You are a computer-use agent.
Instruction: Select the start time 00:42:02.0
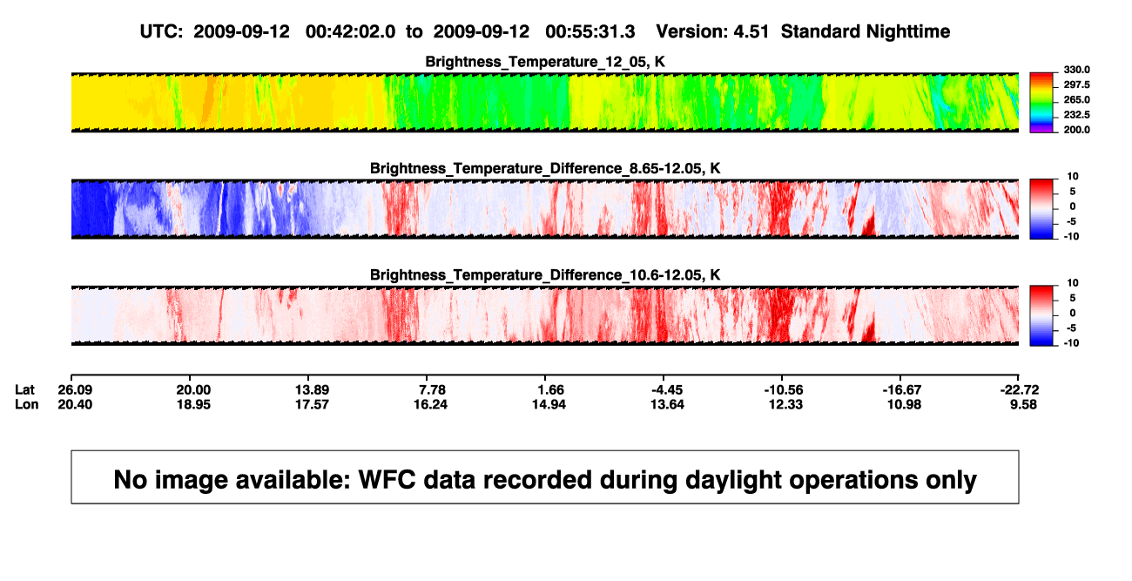click(x=350, y=31)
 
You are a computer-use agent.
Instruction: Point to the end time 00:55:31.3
click(x=590, y=31)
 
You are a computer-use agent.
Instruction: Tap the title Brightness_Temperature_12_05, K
click(x=545, y=62)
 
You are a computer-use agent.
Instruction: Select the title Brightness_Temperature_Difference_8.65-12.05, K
click(x=545, y=168)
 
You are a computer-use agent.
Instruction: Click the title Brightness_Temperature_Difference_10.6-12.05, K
click(x=545, y=274)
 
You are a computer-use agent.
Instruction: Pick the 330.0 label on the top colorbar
click(x=1076, y=70)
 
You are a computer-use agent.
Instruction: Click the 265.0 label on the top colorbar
click(x=1076, y=99)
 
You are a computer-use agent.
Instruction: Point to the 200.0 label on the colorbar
click(x=1076, y=130)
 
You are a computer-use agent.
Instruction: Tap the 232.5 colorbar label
click(x=1076, y=115)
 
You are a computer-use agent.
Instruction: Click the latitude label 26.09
click(x=75, y=390)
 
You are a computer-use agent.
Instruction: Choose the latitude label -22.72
click(x=1020, y=390)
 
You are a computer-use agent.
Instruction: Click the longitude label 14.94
click(x=549, y=404)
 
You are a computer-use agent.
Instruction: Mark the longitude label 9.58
click(x=1023, y=404)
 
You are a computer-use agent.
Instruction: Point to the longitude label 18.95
click(x=193, y=404)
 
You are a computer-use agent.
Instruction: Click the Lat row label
click(x=24, y=390)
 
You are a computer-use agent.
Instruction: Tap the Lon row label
click(x=26, y=404)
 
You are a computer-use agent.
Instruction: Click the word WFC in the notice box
click(x=387, y=479)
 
